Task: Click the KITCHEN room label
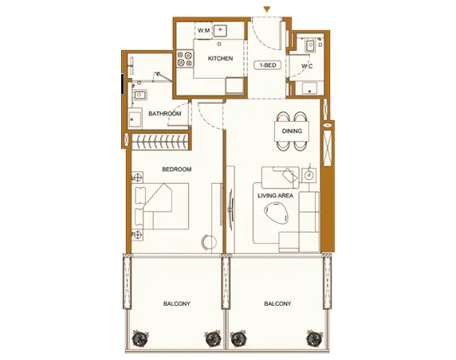coord(221,58)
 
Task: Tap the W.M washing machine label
coord(204,30)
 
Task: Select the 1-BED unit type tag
coord(268,65)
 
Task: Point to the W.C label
coord(307,66)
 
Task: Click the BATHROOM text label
coord(164,114)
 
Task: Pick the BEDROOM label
coord(177,169)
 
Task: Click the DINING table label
coord(292,131)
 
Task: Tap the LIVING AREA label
coord(275,196)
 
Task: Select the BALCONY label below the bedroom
coord(177,303)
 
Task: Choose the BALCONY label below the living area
coord(277,303)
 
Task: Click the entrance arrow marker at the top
coord(267,10)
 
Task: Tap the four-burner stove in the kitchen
coord(185,59)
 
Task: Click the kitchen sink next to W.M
coord(221,30)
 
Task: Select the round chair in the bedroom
coord(209,241)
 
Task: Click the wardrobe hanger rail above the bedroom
coord(161,142)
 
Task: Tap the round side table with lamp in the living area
coord(309,175)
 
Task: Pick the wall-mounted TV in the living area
coord(230,209)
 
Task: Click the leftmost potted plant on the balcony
coord(140,338)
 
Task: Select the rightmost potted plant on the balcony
coord(314,338)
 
